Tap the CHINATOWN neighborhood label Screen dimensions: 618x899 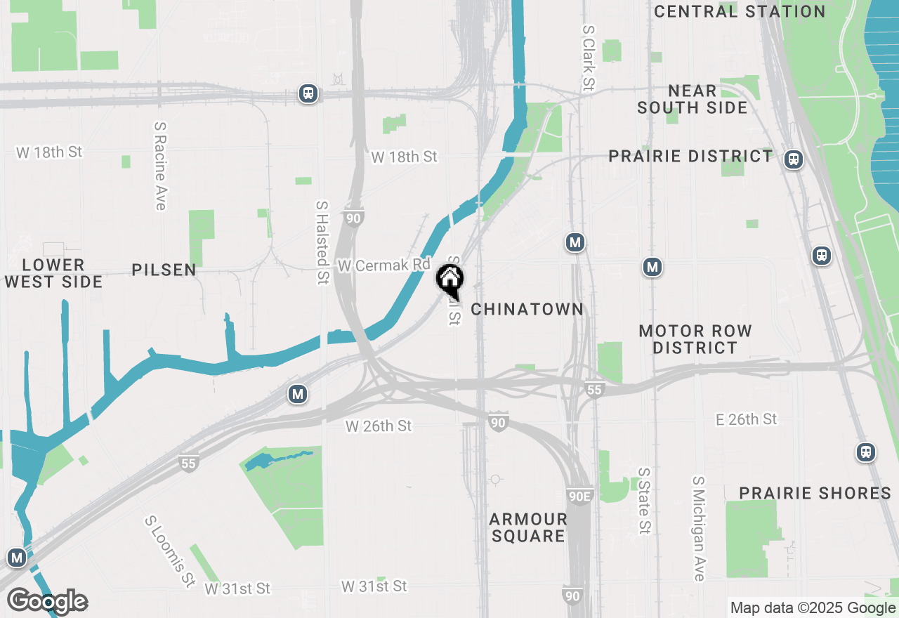point(527,309)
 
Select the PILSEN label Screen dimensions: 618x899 point(164,270)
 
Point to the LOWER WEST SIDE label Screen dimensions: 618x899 point(53,273)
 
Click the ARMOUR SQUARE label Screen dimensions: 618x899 point(528,527)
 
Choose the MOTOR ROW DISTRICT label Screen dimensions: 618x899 point(695,339)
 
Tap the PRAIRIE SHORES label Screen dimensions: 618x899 point(815,493)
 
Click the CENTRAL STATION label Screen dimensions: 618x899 point(740,11)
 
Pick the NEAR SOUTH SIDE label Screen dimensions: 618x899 point(693,99)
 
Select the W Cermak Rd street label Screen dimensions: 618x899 point(383,265)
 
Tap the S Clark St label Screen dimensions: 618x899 point(588,59)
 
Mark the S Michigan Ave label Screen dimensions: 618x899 point(698,529)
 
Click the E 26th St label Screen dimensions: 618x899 point(747,419)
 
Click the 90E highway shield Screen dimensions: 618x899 point(579,497)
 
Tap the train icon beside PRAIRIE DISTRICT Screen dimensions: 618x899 point(794,159)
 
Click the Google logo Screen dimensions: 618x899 point(47,601)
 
